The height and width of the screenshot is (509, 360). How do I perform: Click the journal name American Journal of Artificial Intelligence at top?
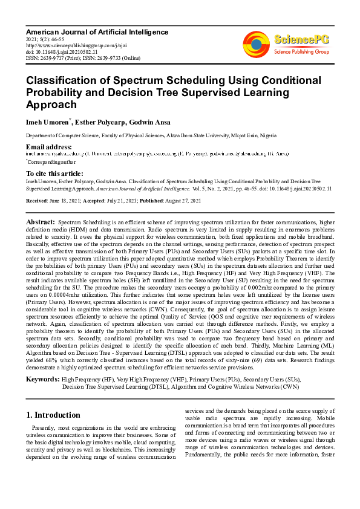point(97,31)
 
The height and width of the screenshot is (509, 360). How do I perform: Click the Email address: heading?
point(49,147)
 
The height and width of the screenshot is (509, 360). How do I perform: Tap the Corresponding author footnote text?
point(51,162)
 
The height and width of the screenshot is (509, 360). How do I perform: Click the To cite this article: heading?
point(54,173)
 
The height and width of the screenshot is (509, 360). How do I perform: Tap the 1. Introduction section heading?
point(54,415)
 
